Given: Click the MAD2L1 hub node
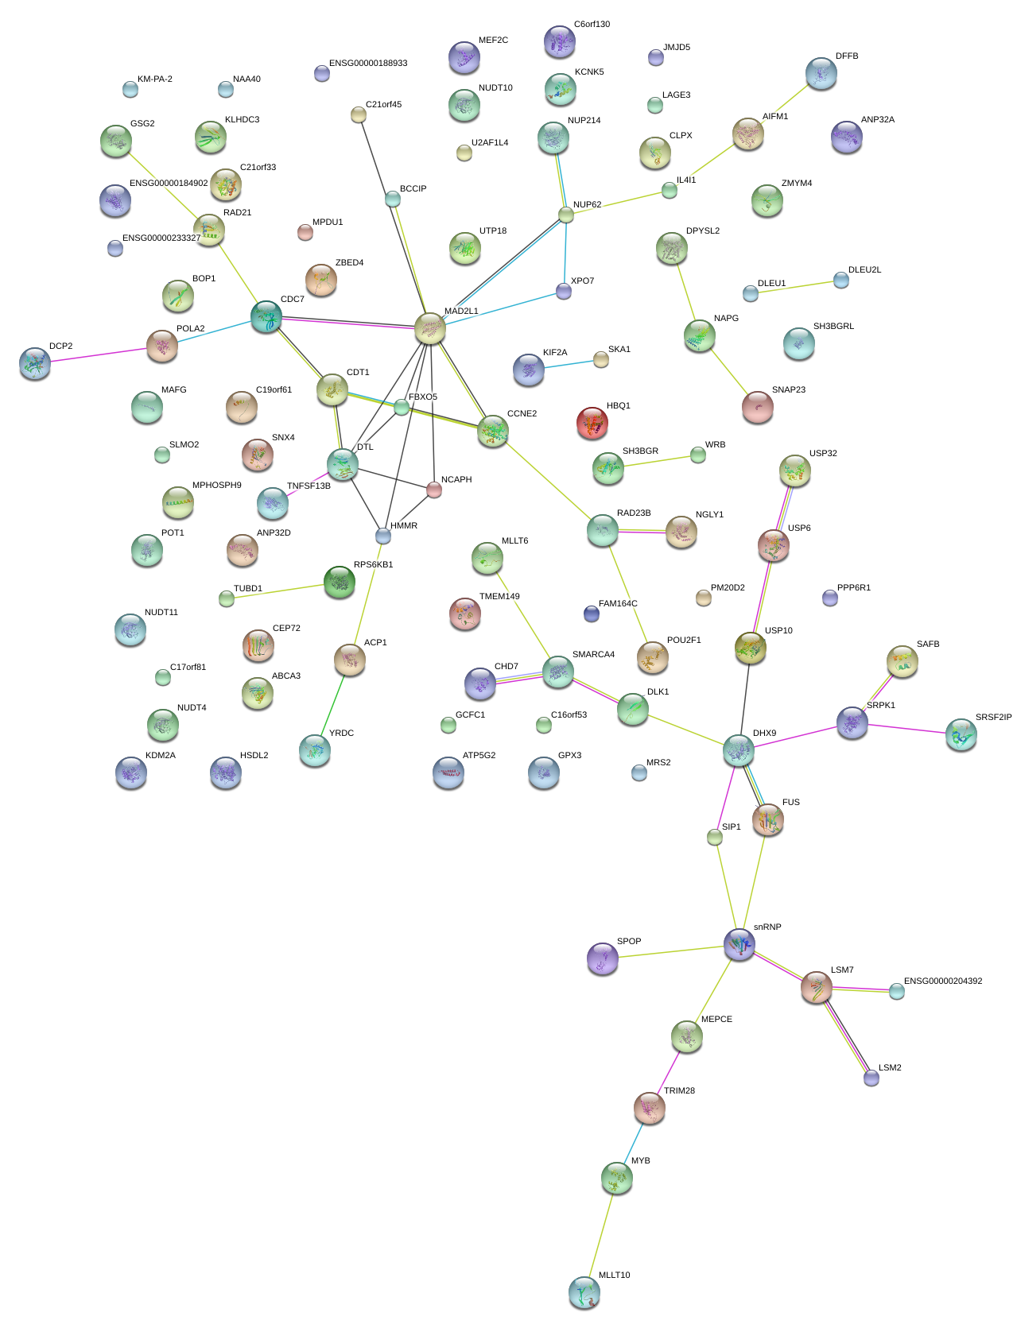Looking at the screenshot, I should point(429,328).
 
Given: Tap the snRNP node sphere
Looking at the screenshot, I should point(739,943).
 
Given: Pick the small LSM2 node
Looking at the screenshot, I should point(871,1078).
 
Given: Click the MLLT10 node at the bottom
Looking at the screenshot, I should point(584,1292).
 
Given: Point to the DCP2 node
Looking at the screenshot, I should point(35,362).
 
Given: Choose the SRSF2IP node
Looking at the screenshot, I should point(961,734).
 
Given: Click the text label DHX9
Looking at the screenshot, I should point(764,733).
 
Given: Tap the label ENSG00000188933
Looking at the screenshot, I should point(368,63).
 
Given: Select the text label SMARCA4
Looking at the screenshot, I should point(593,654).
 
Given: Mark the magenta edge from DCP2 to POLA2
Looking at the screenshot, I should point(99,354).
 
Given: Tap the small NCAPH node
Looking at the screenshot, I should point(433,490).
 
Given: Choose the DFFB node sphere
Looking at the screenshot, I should point(821,73).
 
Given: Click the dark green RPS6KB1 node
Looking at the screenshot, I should point(340,582).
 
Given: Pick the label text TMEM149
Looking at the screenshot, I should point(499,596).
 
